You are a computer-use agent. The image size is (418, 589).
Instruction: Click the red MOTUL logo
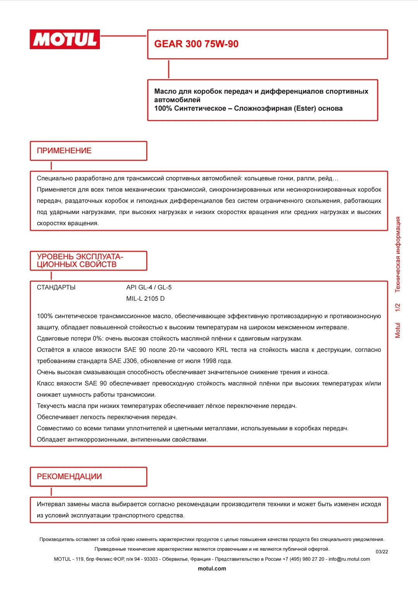pos(65,39)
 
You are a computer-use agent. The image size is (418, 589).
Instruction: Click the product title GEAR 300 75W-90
pos(196,44)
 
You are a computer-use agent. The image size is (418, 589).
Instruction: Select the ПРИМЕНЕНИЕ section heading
pos(64,151)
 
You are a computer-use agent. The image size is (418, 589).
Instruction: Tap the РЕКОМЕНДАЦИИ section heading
pos(69,477)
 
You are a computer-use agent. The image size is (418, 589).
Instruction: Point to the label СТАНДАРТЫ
pos(56,288)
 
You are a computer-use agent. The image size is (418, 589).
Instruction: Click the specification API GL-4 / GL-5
pos(149,288)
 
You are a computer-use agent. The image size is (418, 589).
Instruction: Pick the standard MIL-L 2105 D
pos(146,299)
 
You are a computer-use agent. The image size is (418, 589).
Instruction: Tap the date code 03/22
pos(382,552)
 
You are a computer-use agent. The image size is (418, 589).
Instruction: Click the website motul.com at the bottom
pos(212,569)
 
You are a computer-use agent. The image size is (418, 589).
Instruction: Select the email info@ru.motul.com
pos(349,559)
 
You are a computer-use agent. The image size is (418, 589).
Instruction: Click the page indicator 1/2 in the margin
pos(398,308)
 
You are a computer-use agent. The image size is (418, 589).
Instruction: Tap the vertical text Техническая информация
pos(398,254)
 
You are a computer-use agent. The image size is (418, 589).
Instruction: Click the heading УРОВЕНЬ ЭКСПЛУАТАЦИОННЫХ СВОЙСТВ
pos(80,261)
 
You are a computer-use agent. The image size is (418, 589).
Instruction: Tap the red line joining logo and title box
pos(123,36)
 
